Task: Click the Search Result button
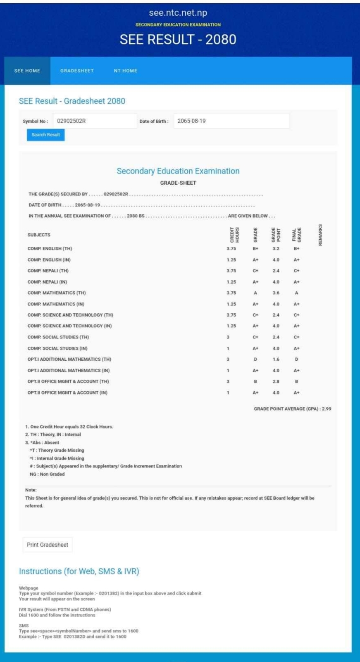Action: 45,135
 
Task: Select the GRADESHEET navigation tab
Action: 77,71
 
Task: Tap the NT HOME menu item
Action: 125,71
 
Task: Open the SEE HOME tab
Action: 27,71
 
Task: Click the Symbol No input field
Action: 95,121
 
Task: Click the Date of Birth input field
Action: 231,121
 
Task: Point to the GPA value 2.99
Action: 327,409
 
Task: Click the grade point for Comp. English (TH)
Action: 276,249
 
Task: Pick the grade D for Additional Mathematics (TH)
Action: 255,360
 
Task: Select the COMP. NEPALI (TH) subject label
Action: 48,271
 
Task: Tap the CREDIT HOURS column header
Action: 234,235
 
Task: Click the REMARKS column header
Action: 320,235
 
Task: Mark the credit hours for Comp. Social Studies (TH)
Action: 228,337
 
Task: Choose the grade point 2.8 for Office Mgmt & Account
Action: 276,381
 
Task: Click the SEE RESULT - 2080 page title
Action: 178,39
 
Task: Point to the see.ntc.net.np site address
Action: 178,13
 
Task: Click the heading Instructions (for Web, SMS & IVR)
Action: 79,571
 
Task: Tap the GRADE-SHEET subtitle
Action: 178,183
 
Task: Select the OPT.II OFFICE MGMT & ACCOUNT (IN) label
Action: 67,393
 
